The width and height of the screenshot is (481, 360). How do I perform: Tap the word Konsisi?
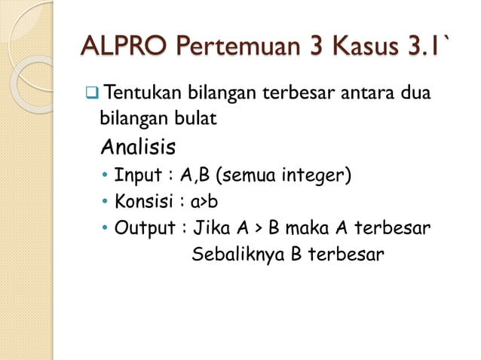pos(144,202)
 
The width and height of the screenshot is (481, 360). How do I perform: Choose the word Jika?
pos(212,228)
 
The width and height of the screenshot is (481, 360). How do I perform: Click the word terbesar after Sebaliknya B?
pos(345,254)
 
